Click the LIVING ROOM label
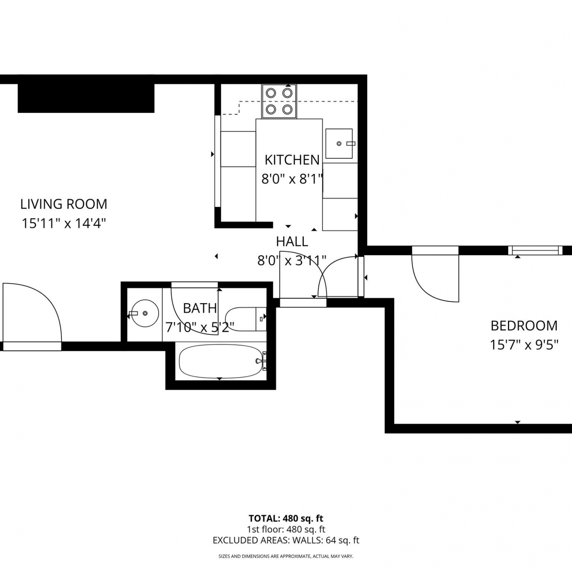pyautogui.click(x=64, y=204)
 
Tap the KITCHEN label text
pyautogui.click(x=292, y=160)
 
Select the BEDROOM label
pyautogui.click(x=524, y=326)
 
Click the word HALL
pyautogui.click(x=292, y=241)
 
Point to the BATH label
pyautogui.click(x=200, y=308)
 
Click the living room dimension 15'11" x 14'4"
pyautogui.click(x=64, y=223)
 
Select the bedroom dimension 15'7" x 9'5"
pyautogui.click(x=524, y=345)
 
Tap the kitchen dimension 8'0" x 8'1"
pyautogui.click(x=292, y=178)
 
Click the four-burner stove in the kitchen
pyautogui.click(x=279, y=101)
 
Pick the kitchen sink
pyautogui.click(x=339, y=144)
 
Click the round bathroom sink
pyautogui.click(x=145, y=313)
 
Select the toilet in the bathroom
pyautogui.click(x=246, y=319)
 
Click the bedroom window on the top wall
pyautogui.click(x=535, y=251)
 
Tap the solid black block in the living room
pyautogui.click(x=86, y=98)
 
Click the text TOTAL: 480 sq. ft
pyautogui.click(x=286, y=519)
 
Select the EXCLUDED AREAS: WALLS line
pyautogui.click(x=286, y=540)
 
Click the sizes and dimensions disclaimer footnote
pyautogui.click(x=286, y=556)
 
